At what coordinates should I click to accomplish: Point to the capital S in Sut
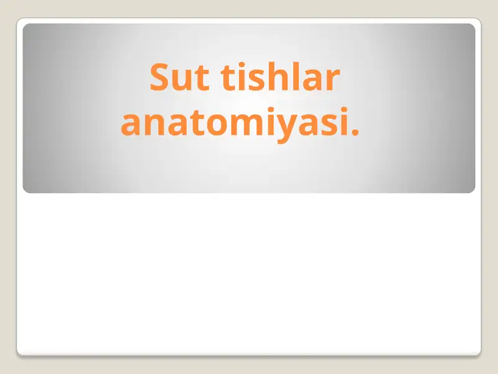click(x=159, y=79)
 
